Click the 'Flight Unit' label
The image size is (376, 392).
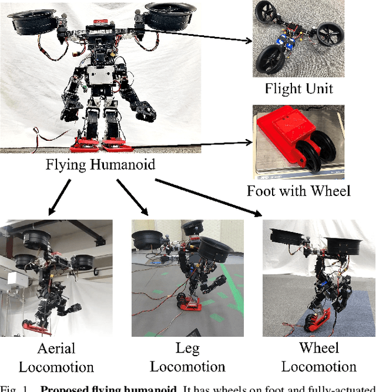(298, 89)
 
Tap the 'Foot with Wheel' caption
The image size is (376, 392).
(298, 191)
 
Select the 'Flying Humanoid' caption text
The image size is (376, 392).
(100, 165)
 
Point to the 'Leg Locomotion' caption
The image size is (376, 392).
(187, 357)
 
